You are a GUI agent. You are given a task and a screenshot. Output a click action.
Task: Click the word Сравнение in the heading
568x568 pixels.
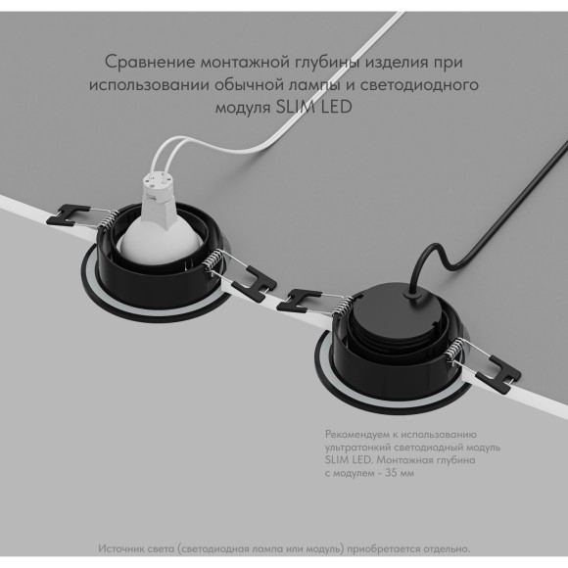tap(150, 62)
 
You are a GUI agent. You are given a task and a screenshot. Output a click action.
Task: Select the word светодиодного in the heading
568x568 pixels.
tap(419, 85)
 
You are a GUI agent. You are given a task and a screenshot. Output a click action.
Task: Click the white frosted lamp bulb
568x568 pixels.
tap(160, 242)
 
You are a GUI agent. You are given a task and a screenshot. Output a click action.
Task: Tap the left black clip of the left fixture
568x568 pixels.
tap(68, 215)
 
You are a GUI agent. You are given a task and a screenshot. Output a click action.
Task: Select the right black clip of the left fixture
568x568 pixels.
tap(255, 284)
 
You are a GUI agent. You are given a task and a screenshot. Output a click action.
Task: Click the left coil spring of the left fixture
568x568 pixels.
tap(108, 220)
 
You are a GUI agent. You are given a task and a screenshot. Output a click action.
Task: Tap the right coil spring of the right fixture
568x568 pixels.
tap(454, 349)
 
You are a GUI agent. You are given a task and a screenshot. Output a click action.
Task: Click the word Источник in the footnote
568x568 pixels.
tap(121, 548)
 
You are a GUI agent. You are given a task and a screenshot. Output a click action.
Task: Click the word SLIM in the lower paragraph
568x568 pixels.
tap(337, 460)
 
